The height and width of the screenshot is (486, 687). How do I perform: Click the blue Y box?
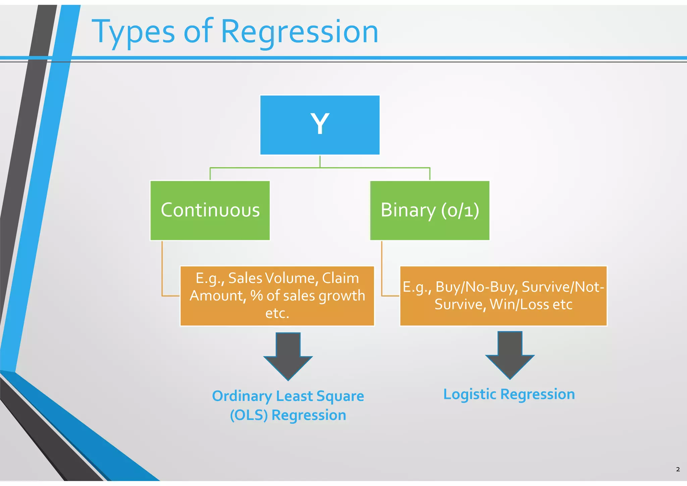pos(320,125)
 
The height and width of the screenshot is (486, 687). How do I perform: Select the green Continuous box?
pos(210,211)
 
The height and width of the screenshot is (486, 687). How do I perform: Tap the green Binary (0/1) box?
pos(429,211)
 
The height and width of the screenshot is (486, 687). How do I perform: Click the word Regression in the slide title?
pos(300,32)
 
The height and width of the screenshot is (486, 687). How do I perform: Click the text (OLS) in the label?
pos(249,415)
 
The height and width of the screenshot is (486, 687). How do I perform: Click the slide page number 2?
pos(678,469)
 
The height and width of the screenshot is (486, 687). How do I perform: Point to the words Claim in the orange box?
pos(340,278)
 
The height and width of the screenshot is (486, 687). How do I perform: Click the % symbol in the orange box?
pos(257,296)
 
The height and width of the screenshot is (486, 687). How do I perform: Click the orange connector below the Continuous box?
pos(162,269)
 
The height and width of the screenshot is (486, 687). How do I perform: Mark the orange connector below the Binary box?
pos(382,269)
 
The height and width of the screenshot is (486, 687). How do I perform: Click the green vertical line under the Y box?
pos(320,161)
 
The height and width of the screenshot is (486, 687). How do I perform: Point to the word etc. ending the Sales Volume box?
pos(277,313)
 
